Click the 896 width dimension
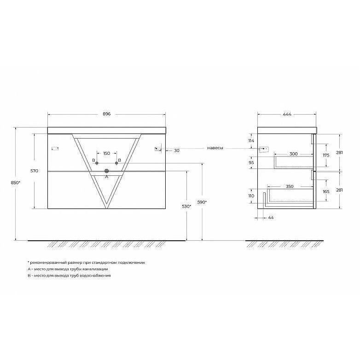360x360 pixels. pyautogui.click(x=106, y=114)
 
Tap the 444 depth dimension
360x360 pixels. pyautogui.click(x=287, y=114)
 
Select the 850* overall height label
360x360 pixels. pyautogui.click(x=16, y=182)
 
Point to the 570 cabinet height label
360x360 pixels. pyautogui.click(x=34, y=171)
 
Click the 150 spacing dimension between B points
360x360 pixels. pyautogui.click(x=106, y=153)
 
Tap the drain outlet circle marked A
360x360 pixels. pyautogui.click(x=106, y=171)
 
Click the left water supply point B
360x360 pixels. pyautogui.click(x=97, y=163)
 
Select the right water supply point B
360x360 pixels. pyautogui.click(x=116, y=163)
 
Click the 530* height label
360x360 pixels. pyautogui.click(x=186, y=206)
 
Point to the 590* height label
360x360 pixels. pyautogui.click(x=202, y=202)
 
